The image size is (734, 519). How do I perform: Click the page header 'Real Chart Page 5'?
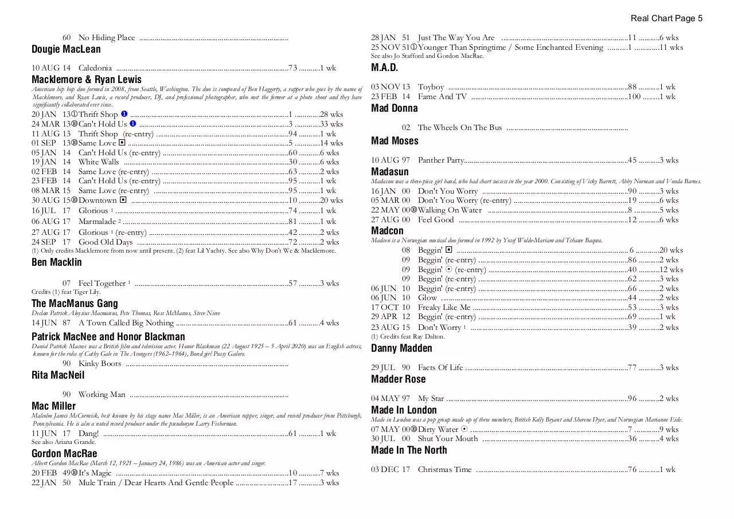[666, 18]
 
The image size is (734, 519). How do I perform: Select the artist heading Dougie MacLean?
[66, 49]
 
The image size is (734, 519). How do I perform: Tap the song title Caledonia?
[95, 68]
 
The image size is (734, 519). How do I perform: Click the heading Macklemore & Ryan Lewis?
[87, 80]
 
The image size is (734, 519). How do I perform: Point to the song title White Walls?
[99, 162]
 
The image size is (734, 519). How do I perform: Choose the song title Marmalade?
[97, 222]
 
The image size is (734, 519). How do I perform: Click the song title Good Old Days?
[106, 242]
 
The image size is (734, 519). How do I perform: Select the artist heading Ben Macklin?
[57, 262]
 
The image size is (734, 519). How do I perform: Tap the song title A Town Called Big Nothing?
[126, 323]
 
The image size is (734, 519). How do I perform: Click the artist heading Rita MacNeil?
[58, 375]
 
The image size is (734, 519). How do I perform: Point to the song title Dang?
[89, 434]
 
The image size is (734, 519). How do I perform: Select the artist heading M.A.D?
[384, 68]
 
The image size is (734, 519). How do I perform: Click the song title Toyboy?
[431, 87]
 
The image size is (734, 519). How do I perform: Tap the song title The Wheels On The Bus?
[460, 128]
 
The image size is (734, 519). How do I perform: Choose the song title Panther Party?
[440, 160]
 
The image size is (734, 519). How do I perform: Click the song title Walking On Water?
[450, 210]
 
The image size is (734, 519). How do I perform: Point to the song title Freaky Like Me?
[444, 308]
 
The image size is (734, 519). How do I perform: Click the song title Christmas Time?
[444, 470]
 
